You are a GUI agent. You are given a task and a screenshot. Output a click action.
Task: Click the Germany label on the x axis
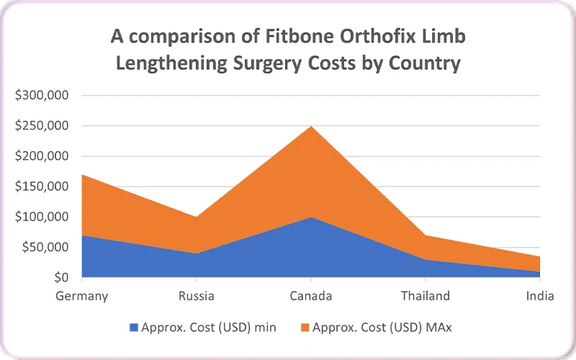point(81,296)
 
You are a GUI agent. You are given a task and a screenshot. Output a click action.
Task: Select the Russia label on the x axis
point(196,296)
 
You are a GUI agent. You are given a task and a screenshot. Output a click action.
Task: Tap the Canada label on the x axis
point(310,296)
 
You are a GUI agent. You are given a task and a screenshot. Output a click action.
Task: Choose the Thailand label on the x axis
point(425,296)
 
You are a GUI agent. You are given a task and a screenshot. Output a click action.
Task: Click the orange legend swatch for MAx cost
point(305,328)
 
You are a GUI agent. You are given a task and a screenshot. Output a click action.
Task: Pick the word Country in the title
point(425,63)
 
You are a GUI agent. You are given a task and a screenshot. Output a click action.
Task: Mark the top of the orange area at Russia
point(196,217)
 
